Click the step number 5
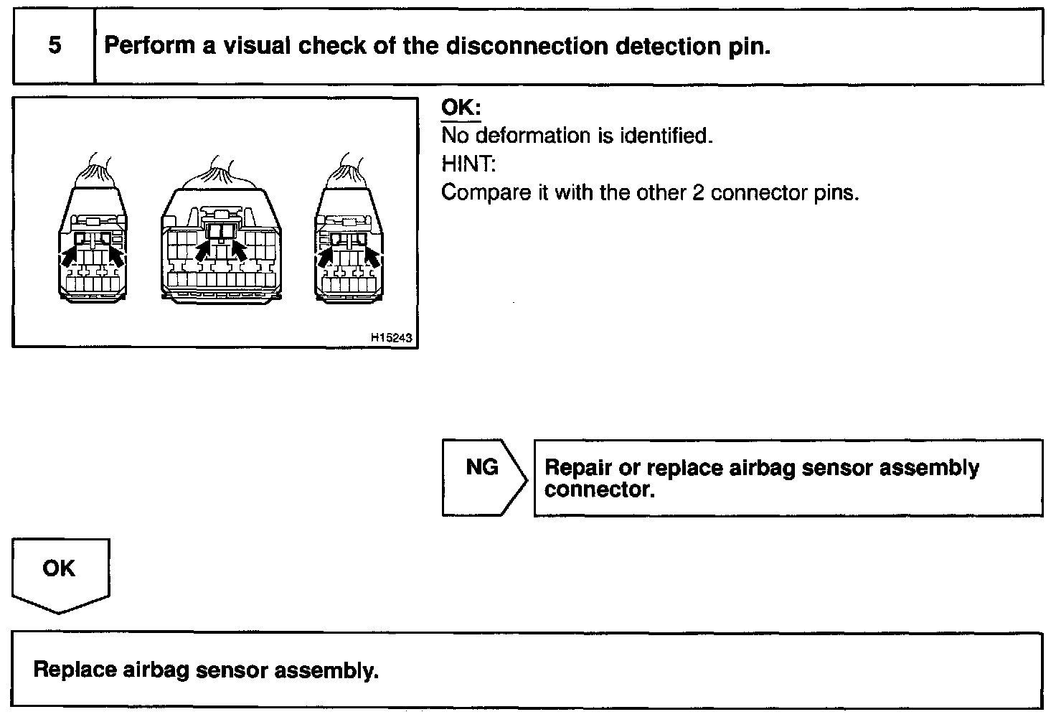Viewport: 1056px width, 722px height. (55, 45)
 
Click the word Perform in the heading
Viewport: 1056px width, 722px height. (149, 46)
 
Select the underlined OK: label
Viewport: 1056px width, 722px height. (461, 108)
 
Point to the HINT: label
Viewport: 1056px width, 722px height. (468, 164)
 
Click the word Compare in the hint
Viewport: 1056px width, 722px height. (486, 193)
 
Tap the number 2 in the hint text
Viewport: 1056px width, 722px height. (698, 193)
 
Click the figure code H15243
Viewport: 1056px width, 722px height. (391, 337)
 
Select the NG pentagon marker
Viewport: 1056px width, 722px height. (484, 477)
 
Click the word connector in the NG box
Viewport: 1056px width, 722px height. (599, 489)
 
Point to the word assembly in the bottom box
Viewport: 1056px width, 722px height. (326, 670)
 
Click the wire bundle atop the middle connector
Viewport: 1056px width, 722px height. (221, 172)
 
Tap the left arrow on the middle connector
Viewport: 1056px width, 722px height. (204, 250)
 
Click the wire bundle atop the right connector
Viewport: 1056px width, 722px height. (347, 172)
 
